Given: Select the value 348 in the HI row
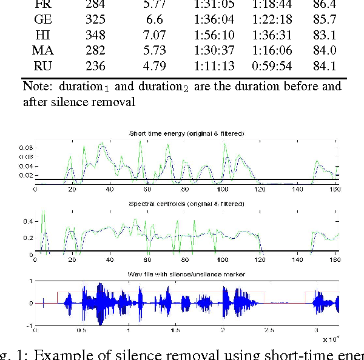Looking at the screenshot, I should [96, 36].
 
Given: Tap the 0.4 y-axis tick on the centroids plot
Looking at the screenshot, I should [28, 222].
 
